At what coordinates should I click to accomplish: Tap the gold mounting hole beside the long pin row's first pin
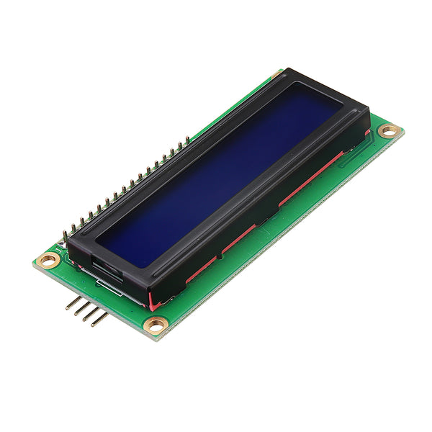pos(48,261)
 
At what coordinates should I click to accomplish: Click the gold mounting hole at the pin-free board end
pos(389,131)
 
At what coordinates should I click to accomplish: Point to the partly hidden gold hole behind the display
pos(277,73)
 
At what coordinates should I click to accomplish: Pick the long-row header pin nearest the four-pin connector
pos(66,235)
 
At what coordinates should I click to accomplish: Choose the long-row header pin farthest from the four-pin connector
pos(188,139)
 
